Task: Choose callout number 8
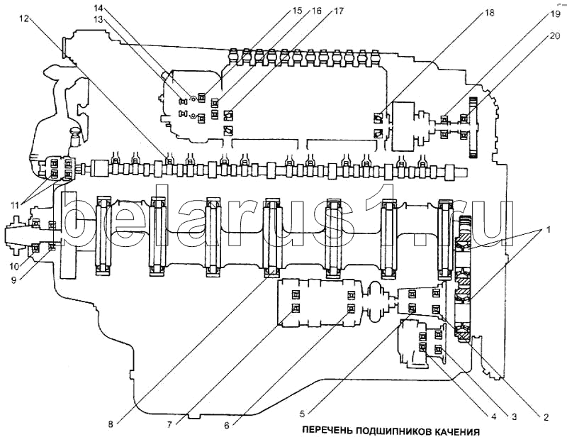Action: (111, 424)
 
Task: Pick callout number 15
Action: (277, 11)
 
